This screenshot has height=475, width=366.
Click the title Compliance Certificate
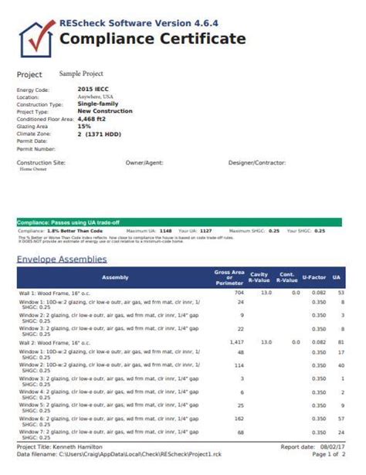tap(153, 39)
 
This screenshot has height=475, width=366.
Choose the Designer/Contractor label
tap(257, 163)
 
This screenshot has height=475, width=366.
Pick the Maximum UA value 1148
tap(165, 230)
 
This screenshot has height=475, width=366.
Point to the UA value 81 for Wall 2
tap(341, 341)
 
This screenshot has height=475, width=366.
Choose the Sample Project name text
tap(83, 73)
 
